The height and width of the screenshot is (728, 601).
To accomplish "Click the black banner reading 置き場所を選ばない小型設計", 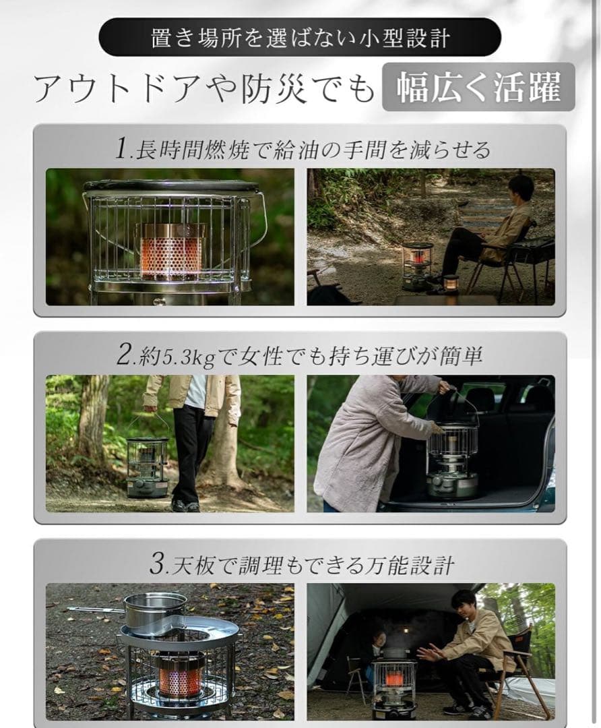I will [300, 37].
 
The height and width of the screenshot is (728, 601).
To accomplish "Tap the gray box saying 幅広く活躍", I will [478, 87].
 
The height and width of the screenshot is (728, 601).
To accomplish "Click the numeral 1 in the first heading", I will [121, 149].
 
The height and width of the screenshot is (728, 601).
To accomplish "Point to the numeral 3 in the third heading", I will [157, 564].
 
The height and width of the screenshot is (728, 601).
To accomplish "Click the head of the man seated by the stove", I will [520, 189].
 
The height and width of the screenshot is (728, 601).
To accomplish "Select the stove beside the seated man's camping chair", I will [418, 265].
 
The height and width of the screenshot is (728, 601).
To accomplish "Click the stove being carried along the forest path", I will [148, 465].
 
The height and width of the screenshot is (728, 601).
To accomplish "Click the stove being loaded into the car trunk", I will [452, 458].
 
